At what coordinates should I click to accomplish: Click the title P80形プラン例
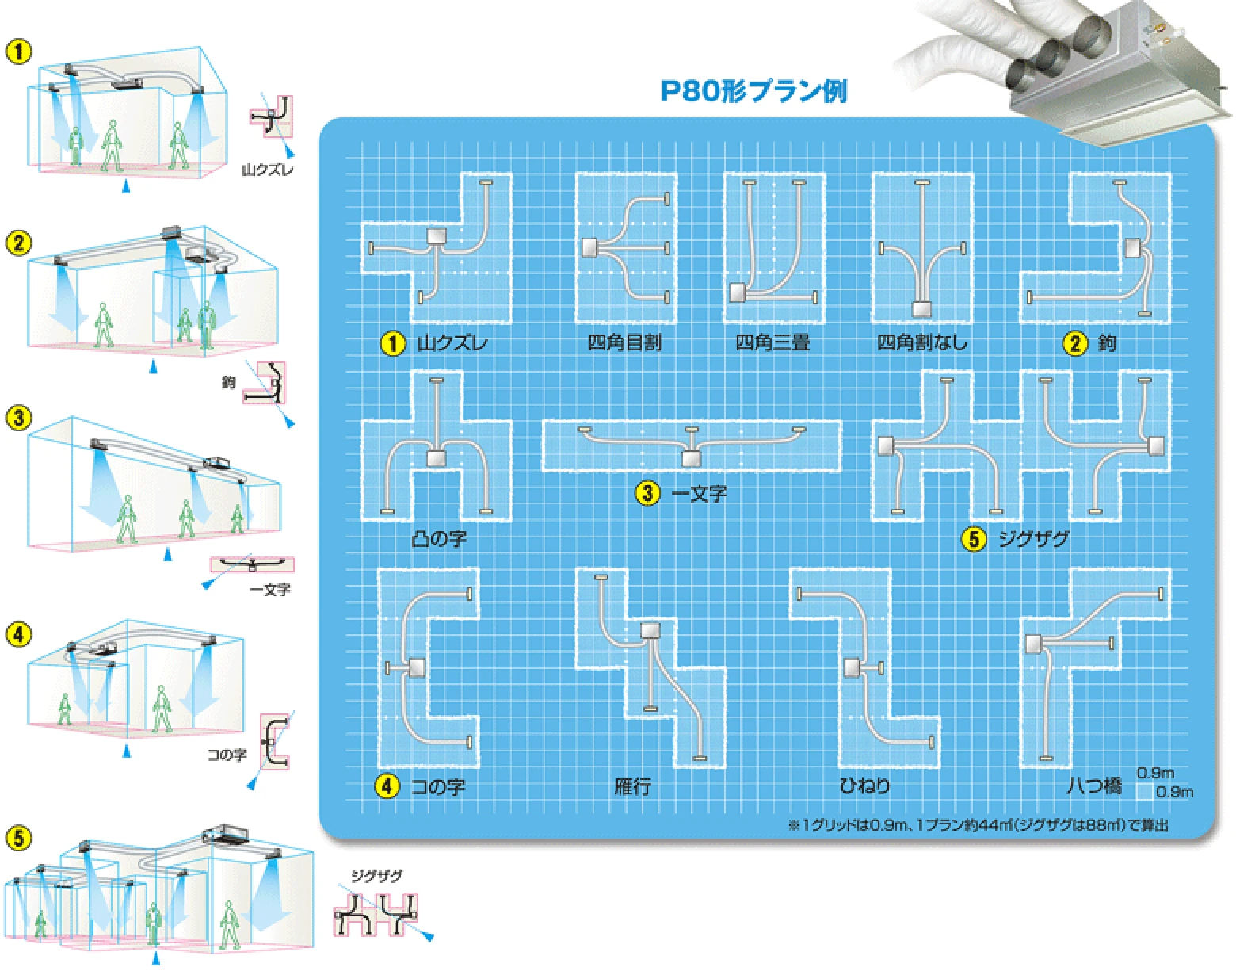[x=753, y=91]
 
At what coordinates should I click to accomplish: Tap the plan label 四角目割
[x=624, y=342]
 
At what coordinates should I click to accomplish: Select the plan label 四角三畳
[x=772, y=342]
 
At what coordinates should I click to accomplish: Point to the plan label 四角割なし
[x=921, y=342]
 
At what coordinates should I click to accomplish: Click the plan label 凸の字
[x=440, y=538]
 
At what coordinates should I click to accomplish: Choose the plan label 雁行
[x=632, y=786]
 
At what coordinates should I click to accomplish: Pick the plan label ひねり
[x=864, y=786]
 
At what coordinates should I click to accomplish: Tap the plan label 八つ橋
[x=1093, y=786]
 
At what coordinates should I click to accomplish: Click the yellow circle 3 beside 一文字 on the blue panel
[x=647, y=493]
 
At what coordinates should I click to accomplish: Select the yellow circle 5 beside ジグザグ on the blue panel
[x=974, y=539]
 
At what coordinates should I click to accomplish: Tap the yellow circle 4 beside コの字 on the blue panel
[x=387, y=786]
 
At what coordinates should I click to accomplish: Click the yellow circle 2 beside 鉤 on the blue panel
[x=1075, y=343]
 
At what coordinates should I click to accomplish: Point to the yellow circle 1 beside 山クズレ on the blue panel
[x=393, y=343]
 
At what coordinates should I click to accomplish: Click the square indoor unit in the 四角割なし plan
[x=921, y=309]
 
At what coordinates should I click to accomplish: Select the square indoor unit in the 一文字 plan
[x=692, y=458]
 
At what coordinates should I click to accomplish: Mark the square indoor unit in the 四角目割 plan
[x=589, y=247]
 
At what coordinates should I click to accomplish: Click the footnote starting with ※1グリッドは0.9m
[x=978, y=826]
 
